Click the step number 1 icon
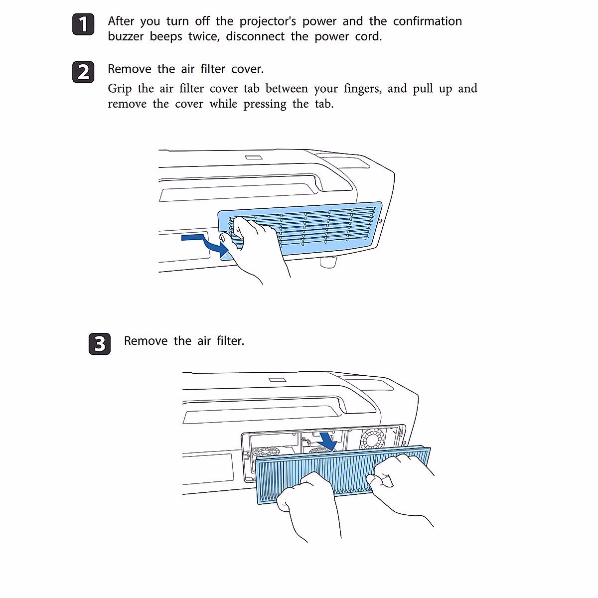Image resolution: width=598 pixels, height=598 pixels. coord(83,25)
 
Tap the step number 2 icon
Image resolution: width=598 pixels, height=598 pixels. coord(83,72)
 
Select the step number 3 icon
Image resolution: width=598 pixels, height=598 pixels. coord(100,344)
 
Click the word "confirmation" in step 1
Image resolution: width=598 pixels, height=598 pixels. coord(427,21)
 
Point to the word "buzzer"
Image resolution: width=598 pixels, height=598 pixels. coord(126,37)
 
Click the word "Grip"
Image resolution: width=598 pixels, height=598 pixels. coord(120,89)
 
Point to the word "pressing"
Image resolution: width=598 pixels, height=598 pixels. coord(265,105)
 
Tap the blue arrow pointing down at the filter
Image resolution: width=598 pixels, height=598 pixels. coord(327,440)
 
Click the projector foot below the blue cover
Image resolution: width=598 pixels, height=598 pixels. coord(327,262)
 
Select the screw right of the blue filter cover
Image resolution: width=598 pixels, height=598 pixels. coord(381,220)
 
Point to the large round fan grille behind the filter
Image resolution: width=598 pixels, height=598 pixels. coord(372,439)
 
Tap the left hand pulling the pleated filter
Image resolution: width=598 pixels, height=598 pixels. coord(306,503)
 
